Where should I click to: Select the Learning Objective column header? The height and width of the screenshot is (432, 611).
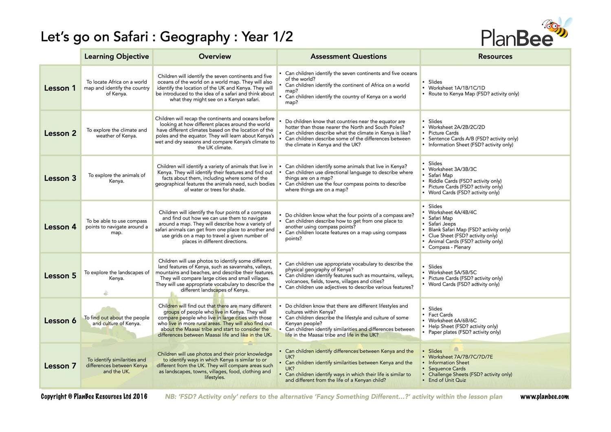(x=116, y=57)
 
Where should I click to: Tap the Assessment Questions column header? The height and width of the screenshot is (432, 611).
(x=348, y=57)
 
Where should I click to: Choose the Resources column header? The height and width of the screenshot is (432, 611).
(x=495, y=57)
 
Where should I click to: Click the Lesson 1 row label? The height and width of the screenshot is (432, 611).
(x=60, y=88)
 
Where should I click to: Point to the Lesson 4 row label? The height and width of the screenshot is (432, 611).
(x=60, y=227)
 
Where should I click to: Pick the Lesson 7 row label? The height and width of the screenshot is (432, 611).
(x=60, y=366)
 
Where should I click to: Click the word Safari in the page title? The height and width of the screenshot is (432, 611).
(x=130, y=37)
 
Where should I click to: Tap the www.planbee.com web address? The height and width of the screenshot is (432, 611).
(x=544, y=397)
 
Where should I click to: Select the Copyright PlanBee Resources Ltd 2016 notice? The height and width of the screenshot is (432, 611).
(x=94, y=397)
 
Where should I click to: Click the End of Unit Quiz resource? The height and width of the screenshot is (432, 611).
(x=447, y=380)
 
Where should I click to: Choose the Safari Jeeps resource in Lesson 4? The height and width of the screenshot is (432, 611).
(x=442, y=224)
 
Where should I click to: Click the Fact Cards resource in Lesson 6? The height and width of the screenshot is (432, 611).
(x=440, y=315)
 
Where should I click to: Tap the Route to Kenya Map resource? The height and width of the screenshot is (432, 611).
(x=473, y=94)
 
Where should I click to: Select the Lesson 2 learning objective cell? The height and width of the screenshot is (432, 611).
(x=116, y=133)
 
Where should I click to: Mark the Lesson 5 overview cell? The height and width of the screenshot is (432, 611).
(x=215, y=275)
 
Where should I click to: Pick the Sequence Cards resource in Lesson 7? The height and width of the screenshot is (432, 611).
(x=447, y=368)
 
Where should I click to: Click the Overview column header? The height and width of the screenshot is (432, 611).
(x=215, y=57)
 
